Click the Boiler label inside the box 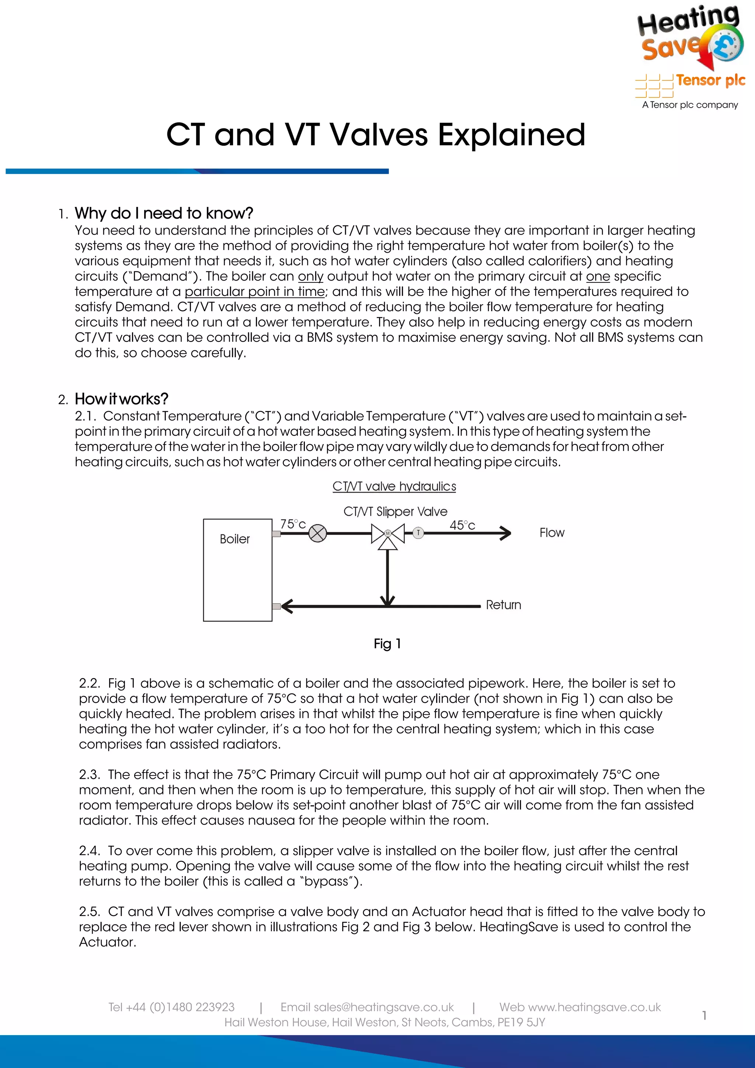[x=234, y=539]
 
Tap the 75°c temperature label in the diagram [x=293, y=524]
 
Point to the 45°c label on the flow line [x=462, y=525]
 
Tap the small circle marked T [x=418, y=533]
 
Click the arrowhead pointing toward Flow [x=506, y=533]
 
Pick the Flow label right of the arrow [x=552, y=533]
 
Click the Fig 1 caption [x=387, y=644]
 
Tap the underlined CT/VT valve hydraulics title [x=394, y=486]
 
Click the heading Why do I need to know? [x=164, y=213]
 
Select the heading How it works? [x=121, y=399]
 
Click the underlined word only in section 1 [x=310, y=276]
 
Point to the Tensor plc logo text [x=710, y=80]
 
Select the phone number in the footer [x=171, y=1007]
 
